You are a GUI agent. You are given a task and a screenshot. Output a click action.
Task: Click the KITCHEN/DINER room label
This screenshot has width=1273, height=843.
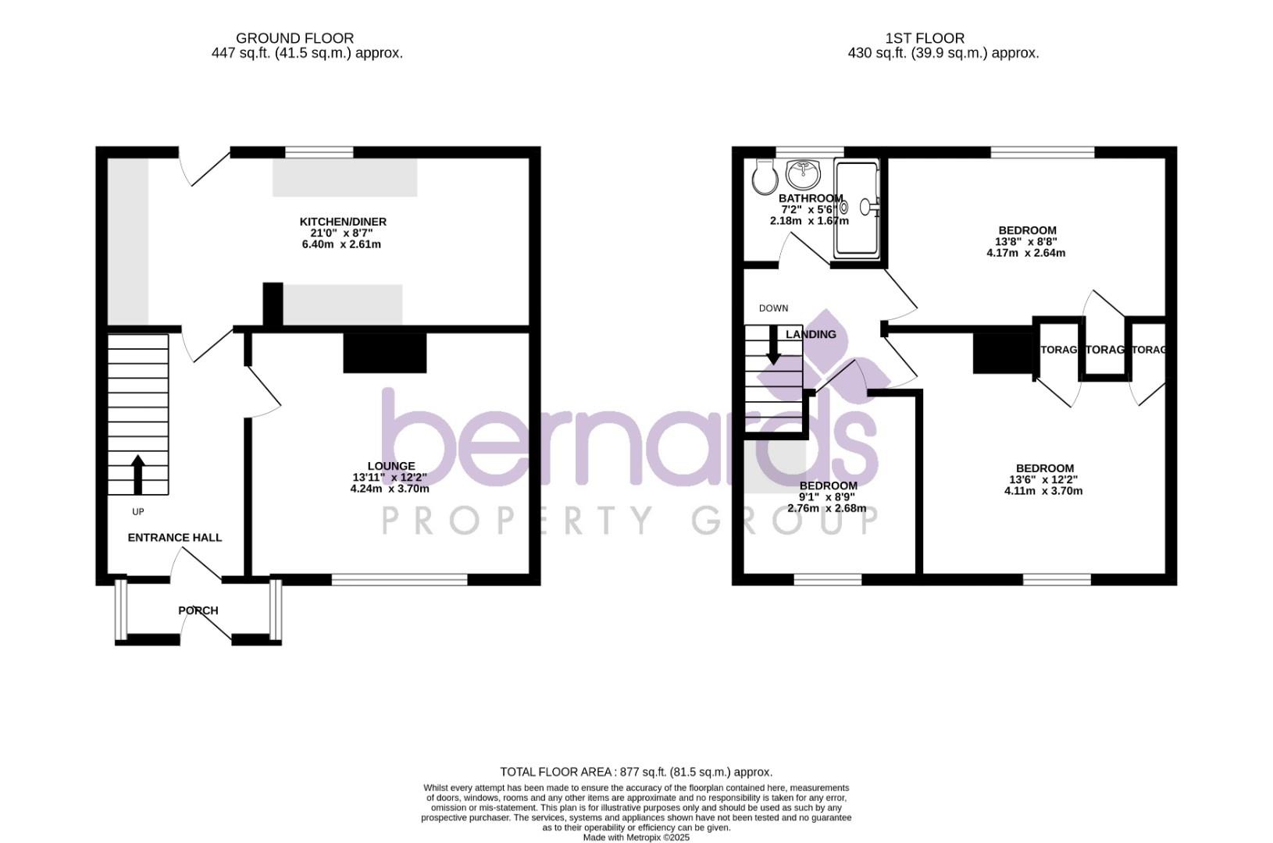[x=343, y=222]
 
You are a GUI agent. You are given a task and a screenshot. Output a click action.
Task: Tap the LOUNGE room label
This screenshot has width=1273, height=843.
[x=390, y=466]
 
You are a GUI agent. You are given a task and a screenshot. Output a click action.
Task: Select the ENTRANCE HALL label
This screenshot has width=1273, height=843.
[x=174, y=538]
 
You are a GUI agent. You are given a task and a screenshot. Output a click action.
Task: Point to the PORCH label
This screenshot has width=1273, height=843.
[x=198, y=610]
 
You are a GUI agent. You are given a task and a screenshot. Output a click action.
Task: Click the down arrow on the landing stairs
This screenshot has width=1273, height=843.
[x=773, y=344]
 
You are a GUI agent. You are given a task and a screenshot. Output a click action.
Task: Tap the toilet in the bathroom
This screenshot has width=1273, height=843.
[x=761, y=176]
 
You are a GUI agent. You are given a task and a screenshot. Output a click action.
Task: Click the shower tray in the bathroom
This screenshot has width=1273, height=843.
[x=857, y=208]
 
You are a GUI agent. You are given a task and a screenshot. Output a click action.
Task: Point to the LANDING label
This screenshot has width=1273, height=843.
[x=811, y=334]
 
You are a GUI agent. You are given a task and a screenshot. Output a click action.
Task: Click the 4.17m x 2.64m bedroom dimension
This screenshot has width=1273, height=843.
[x=1025, y=253]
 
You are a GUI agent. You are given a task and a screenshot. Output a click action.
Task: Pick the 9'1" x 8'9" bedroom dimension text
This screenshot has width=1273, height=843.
[x=828, y=496]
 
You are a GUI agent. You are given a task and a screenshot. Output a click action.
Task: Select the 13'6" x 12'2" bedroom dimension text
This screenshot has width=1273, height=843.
[x=1043, y=479]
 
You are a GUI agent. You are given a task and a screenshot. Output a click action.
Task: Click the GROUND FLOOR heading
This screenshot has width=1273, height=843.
[x=294, y=38]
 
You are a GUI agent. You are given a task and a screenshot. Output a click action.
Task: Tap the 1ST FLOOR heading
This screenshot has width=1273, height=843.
[x=925, y=38]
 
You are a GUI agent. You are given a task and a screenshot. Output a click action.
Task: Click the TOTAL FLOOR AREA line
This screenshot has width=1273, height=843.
[x=636, y=772]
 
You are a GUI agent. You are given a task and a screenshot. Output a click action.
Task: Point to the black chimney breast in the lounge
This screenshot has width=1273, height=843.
[x=385, y=353]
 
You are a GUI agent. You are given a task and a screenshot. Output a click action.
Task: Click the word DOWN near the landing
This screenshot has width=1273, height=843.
[x=773, y=308]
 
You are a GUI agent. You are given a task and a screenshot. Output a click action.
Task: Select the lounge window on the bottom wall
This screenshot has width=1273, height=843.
[x=399, y=579]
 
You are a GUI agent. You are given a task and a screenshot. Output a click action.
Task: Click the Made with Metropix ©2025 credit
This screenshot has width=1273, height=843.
[x=636, y=838]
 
